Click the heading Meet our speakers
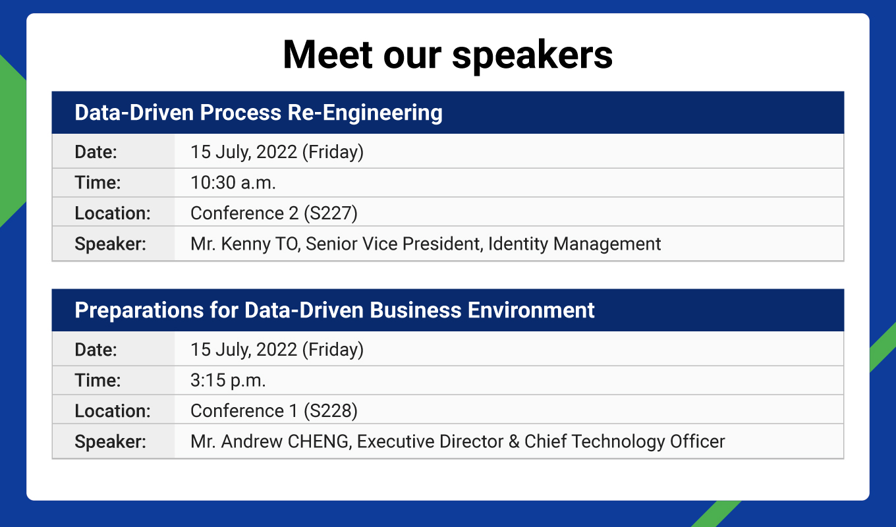pyautogui.click(x=447, y=55)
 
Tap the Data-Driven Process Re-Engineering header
pyautogui.click(x=258, y=113)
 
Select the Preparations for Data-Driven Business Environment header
pyautogui.click(x=335, y=310)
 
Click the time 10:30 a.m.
pyautogui.click(x=233, y=182)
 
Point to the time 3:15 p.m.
pyautogui.click(x=228, y=380)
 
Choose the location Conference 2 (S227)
pyautogui.click(x=274, y=213)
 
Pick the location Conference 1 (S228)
pyautogui.click(x=274, y=410)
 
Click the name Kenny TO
pyautogui.click(x=260, y=244)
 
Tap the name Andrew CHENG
pyautogui.click(x=286, y=441)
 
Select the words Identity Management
pyautogui.click(x=574, y=244)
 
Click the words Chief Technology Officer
pyautogui.click(x=625, y=441)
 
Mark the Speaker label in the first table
pyautogui.click(x=111, y=244)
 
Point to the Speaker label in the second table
pyautogui.click(x=111, y=441)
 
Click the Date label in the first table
pyautogui.click(x=96, y=152)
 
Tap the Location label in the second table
pyautogui.click(x=113, y=410)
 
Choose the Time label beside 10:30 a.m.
pyautogui.click(x=98, y=182)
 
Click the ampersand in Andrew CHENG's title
pyautogui.click(x=514, y=441)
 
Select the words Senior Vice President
pyautogui.click(x=393, y=244)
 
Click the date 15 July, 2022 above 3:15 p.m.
pyautogui.click(x=244, y=350)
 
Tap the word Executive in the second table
pyautogui.click(x=395, y=441)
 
